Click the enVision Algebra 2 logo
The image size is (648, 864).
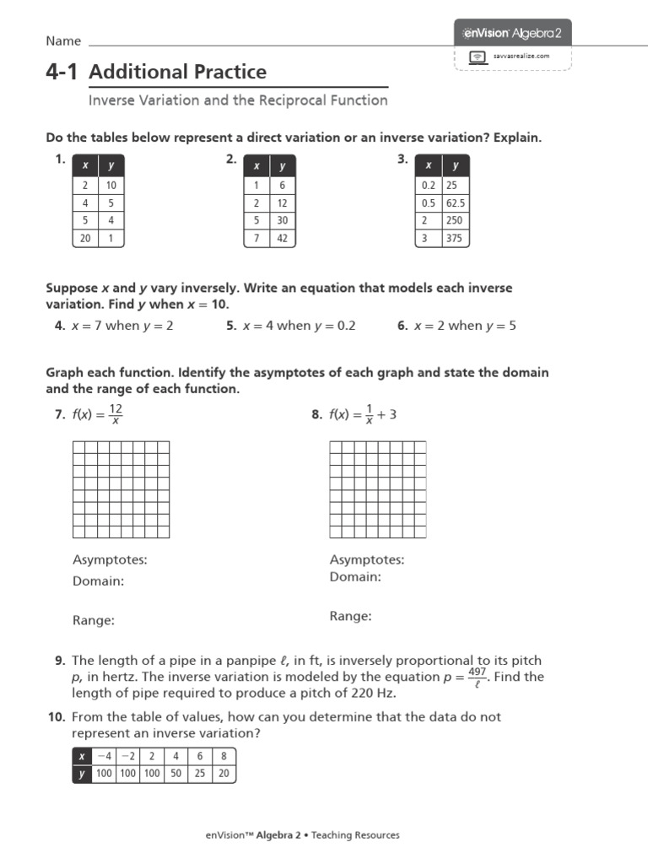[x=514, y=33]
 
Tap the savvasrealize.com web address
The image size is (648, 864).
[x=521, y=57]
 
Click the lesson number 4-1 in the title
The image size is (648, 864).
[x=62, y=72]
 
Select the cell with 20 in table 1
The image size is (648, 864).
[x=85, y=239]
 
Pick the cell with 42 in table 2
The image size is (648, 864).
[x=283, y=239]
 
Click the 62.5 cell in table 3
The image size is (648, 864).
[x=456, y=202]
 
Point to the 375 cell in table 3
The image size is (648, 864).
[x=456, y=239]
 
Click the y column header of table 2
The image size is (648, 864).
[x=283, y=166]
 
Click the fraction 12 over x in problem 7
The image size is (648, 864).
[x=116, y=413]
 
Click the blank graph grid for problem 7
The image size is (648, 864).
[x=121, y=489]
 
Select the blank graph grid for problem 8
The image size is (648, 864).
[x=377, y=489]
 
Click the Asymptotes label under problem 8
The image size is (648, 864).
[x=366, y=559]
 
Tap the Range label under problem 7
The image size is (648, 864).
[x=94, y=620]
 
